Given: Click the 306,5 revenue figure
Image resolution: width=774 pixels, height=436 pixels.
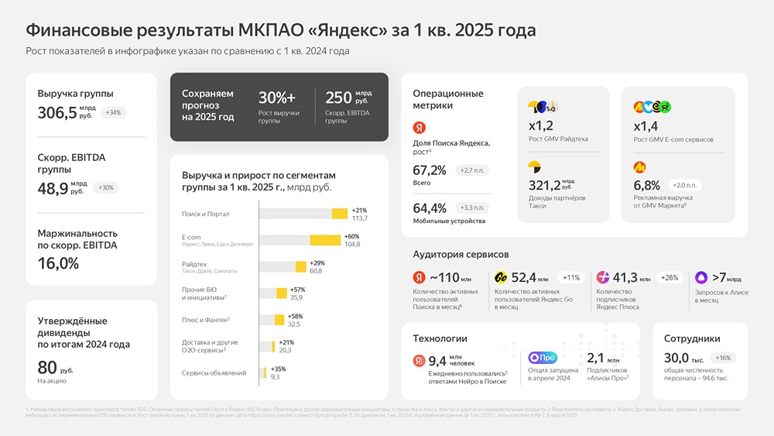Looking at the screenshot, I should [x=57, y=113].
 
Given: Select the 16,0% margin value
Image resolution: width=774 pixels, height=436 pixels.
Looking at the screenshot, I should [x=58, y=263].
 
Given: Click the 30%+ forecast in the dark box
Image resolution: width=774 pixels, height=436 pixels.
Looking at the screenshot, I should [x=277, y=98].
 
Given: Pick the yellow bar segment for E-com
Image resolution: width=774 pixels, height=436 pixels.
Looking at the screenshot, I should [x=325, y=240].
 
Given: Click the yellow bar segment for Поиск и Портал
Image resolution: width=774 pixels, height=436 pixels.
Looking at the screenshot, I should [x=340, y=214].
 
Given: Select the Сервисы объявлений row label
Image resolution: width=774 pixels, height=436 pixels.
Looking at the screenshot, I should [x=214, y=372].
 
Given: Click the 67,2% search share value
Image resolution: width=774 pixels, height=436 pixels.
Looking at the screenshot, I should [x=430, y=170].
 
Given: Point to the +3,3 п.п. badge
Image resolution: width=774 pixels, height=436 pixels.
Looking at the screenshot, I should [x=474, y=208].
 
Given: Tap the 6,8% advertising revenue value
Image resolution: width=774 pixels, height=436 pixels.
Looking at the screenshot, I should [x=646, y=186].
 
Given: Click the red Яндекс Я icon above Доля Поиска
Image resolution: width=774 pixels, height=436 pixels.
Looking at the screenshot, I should [x=420, y=126].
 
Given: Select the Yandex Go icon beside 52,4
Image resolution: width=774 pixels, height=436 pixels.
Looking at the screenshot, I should [x=500, y=277].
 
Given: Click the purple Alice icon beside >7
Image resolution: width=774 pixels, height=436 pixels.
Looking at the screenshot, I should [x=701, y=277].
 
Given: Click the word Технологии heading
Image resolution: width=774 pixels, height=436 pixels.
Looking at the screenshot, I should [x=440, y=338].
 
